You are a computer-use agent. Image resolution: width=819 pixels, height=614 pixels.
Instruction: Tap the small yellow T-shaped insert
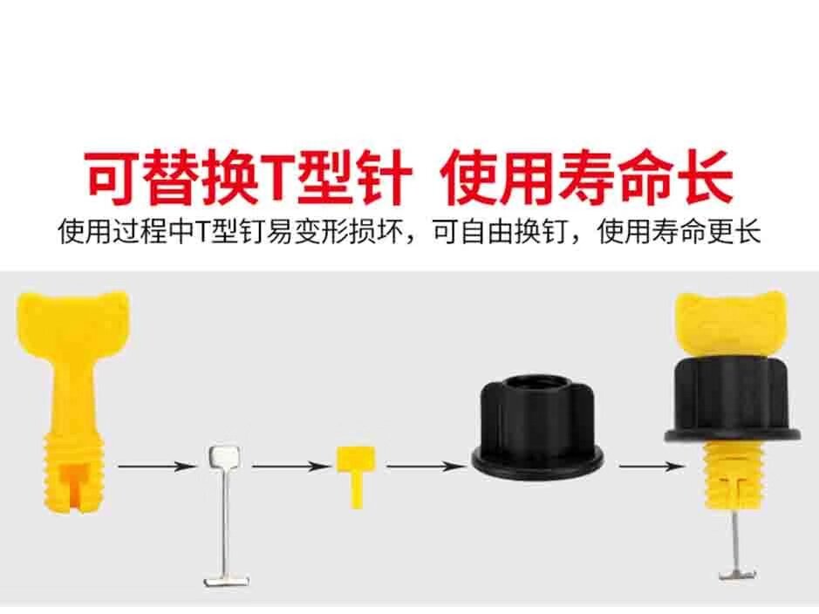(356, 470)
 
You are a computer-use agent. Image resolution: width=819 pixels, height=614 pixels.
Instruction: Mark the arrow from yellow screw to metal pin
(157, 467)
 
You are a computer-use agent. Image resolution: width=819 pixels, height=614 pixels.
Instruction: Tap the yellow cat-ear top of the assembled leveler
(732, 317)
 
